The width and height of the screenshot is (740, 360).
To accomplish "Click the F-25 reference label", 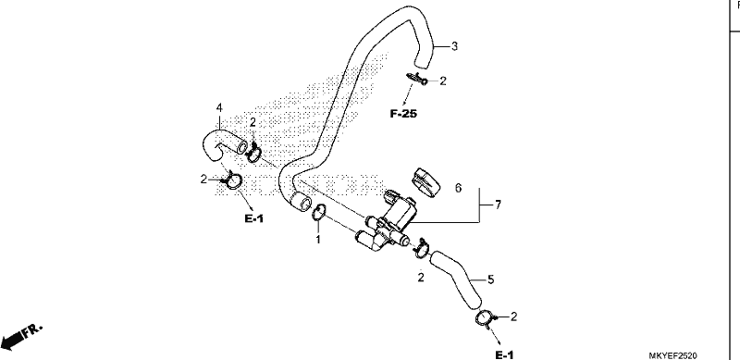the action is tap(403, 114).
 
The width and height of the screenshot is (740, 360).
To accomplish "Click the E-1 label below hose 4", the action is tap(253, 218).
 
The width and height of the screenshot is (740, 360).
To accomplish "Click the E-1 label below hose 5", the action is tap(504, 355).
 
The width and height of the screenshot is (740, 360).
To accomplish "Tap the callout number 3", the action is tap(454, 46).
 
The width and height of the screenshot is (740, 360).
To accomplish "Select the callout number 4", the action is tap(219, 108).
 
